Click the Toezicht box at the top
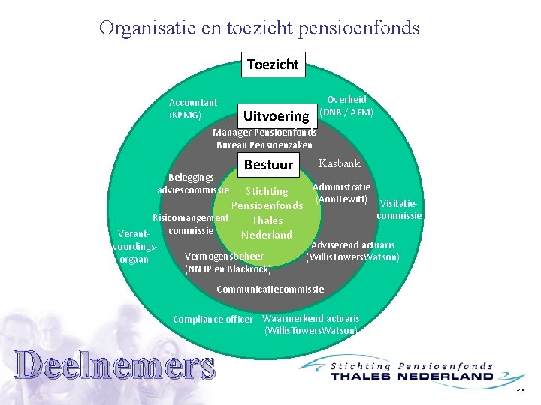273,64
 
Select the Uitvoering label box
276,115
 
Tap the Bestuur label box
268,164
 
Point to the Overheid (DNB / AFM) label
346,106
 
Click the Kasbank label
340,163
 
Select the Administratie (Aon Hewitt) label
342,193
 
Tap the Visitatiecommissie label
400,209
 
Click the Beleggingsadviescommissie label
194,184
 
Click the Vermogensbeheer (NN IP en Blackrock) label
227,262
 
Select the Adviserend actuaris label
352,250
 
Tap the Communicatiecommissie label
270,289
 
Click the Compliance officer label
213,319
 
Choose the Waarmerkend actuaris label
311,323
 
